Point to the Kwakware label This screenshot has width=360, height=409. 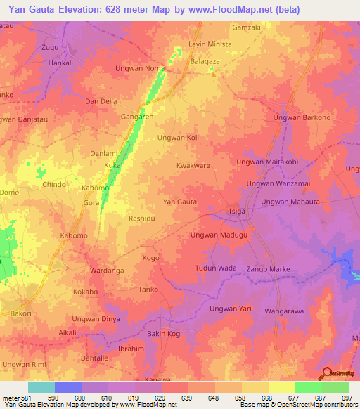tap(193, 166)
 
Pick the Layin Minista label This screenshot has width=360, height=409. tap(210, 44)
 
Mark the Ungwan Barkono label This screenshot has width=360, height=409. tap(307, 117)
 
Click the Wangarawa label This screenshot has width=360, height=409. tap(285, 310)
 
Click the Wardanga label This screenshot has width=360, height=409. tap(107, 270)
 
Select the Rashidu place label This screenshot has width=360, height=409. tap(141, 218)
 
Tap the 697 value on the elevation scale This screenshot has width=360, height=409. tap(345, 398)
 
